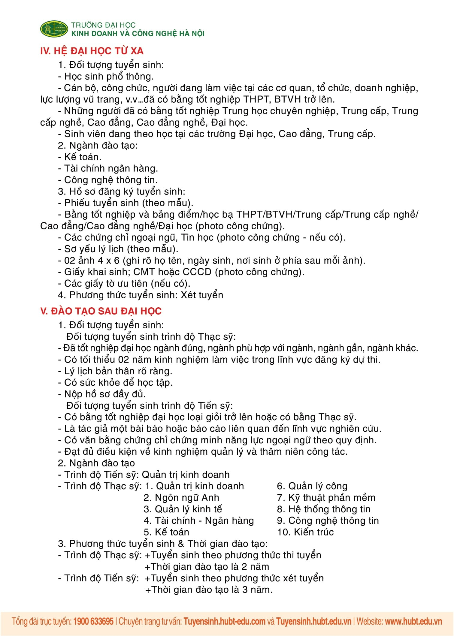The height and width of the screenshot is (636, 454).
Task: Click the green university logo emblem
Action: (54, 29)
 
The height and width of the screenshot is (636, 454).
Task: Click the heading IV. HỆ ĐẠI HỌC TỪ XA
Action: (92, 51)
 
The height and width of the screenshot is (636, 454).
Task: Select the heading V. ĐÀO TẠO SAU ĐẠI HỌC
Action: (101, 311)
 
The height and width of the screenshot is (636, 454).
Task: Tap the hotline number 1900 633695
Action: (93, 621)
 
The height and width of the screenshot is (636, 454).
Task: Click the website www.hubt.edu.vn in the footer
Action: (413, 621)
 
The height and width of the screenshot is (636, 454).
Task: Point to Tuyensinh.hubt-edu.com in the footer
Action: (224, 621)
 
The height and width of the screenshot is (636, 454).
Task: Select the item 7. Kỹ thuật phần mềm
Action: (326, 498)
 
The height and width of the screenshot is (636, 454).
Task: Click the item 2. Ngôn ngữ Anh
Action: (181, 498)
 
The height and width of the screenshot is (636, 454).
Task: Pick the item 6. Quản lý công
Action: (312, 486)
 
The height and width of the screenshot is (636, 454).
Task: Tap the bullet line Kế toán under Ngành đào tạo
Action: (80, 157)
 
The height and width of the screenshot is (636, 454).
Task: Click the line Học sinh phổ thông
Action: (106, 77)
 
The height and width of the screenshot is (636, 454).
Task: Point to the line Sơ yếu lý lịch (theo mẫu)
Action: (118, 249)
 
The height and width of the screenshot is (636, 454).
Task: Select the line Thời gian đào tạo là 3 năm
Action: (209, 590)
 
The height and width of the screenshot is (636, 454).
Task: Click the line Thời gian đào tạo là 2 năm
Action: (207, 567)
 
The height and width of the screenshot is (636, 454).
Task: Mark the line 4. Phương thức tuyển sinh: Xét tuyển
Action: (141, 295)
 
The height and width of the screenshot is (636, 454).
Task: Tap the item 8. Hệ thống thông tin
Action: (324, 509)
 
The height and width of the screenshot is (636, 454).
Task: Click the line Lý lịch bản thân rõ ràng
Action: (115, 371)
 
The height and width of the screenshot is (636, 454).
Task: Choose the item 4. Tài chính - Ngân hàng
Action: (199, 521)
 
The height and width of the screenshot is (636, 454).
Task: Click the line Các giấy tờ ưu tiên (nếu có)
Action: (124, 284)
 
